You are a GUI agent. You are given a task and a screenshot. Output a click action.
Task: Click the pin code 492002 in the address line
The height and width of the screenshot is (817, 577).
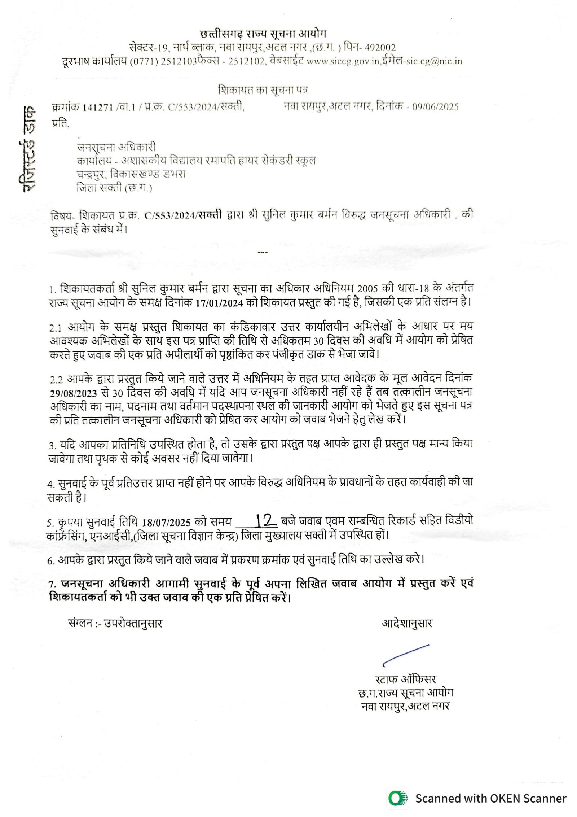380,47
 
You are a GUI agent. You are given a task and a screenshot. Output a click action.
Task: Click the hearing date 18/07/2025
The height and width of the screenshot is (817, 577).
166,523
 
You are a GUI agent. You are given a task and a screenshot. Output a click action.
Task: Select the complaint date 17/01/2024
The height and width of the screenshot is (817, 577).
219,303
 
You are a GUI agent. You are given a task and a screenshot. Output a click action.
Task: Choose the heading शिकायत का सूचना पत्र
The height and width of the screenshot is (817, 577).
263,89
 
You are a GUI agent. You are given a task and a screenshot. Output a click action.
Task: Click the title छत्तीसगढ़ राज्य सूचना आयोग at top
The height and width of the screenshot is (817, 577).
263,34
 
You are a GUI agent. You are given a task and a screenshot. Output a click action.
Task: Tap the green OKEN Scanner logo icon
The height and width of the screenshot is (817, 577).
398,798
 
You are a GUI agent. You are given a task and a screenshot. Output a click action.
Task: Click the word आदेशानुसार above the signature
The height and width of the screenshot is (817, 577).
407,623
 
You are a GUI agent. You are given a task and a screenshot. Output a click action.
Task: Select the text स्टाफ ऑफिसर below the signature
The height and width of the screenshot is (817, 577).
406,680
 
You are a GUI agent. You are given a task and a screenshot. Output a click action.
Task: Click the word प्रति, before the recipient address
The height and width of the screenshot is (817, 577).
60,124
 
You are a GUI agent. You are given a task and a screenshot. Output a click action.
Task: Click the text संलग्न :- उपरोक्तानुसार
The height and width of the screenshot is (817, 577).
115,623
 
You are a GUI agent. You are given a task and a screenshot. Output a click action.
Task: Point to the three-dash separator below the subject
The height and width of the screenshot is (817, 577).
263,252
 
